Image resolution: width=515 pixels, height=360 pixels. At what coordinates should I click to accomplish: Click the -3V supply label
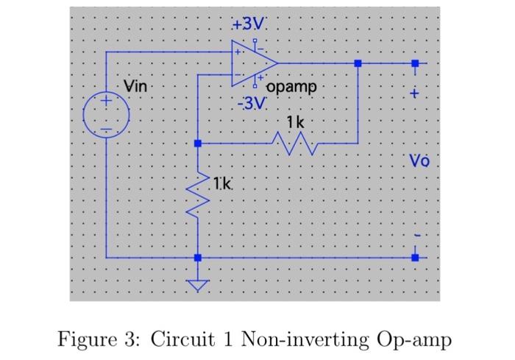250,103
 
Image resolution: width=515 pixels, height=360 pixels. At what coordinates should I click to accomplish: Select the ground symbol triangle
197,285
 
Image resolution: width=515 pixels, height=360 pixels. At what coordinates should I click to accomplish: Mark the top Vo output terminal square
415,64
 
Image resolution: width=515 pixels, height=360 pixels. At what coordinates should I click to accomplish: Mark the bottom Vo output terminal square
415,258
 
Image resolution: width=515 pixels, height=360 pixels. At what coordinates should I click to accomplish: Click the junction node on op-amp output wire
358,64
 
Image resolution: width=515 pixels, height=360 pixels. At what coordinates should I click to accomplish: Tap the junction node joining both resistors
197,143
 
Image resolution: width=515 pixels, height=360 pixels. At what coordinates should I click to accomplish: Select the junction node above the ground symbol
197,258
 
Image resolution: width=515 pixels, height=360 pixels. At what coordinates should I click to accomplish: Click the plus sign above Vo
415,94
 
